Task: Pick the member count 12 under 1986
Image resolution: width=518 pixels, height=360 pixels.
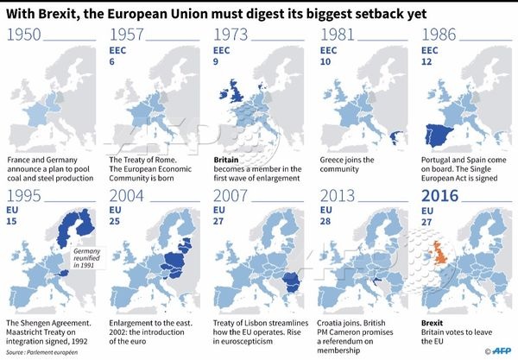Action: click(x=426, y=62)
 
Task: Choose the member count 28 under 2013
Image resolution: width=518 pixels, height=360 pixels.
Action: click(x=325, y=221)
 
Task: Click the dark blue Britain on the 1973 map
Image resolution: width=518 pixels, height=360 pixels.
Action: click(x=232, y=92)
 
